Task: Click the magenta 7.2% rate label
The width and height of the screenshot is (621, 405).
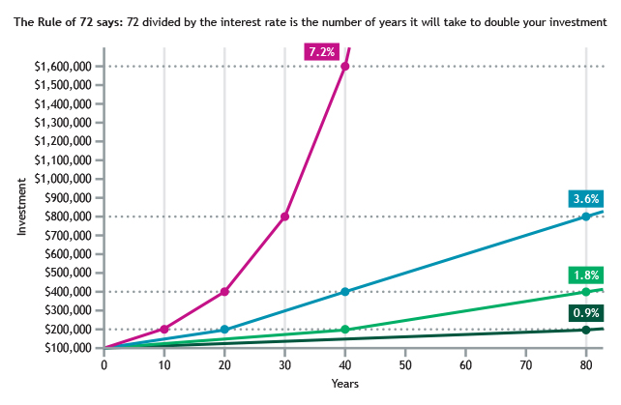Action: (321, 51)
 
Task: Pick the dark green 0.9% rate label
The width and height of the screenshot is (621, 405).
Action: (585, 313)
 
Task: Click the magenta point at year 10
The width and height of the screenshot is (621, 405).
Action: (164, 330)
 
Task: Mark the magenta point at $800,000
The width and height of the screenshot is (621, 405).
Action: (284, 217)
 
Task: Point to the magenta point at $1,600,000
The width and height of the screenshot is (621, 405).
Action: (345, 66)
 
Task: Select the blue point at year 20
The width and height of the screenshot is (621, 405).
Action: (224, 330)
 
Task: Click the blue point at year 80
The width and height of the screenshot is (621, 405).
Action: (585, 217)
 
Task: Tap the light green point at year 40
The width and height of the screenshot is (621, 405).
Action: (345, 330)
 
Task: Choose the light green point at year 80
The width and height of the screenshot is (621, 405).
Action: (585, 292)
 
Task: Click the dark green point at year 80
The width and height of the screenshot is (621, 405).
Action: (585, 330)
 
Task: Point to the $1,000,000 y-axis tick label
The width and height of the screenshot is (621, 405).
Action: (64, 179)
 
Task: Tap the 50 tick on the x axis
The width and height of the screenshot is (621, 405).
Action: (405, 366)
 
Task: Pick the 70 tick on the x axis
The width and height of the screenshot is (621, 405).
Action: (525, 366)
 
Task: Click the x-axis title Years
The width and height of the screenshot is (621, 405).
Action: (344, 385)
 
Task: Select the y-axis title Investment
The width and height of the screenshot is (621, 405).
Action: (20, 207)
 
